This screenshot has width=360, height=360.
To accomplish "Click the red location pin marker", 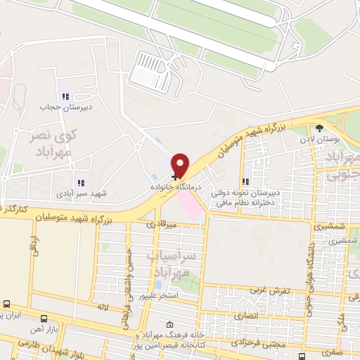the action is (x=181, y=165).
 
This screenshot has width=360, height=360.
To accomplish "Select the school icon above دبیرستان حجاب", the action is (x=65, y=97).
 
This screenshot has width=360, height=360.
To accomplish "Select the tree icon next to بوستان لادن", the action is (x=320, y=128).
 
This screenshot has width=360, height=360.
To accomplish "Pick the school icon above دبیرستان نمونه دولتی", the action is (x=245, y=181).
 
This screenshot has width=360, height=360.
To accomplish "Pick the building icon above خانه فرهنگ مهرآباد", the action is (x=169, y=325).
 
